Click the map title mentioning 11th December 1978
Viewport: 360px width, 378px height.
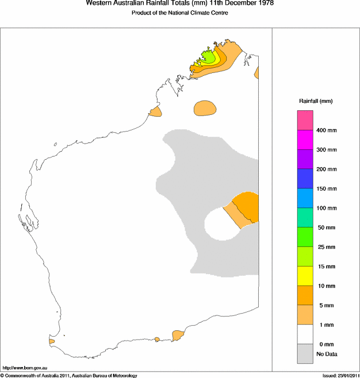(x=179, y=3)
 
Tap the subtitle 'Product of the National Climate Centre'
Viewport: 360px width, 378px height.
(x=179, y=13)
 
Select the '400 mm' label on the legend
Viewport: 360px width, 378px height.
(x=326, y=130)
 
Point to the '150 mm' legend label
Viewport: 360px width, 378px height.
(x=326, y=188)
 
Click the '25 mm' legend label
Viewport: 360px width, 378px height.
(x=325, y=247)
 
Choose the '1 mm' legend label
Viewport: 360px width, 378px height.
(x=324, y=325)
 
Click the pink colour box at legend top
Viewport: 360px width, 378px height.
(x=305, y=120)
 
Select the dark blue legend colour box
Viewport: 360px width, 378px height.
(x=305, y=179)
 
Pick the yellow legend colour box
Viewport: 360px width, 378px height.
(x=305, y=276)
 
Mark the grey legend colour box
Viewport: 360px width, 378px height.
(x=305, y=353)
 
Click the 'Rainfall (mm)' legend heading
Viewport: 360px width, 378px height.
(x=315, y=101)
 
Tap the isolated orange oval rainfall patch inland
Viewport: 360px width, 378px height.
(x=205, y=108)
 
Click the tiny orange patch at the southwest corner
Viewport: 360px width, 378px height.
(x=52, y=341)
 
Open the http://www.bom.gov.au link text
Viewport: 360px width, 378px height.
(x=24, y=367)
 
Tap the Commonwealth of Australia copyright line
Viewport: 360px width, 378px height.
(x=69, y=375)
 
